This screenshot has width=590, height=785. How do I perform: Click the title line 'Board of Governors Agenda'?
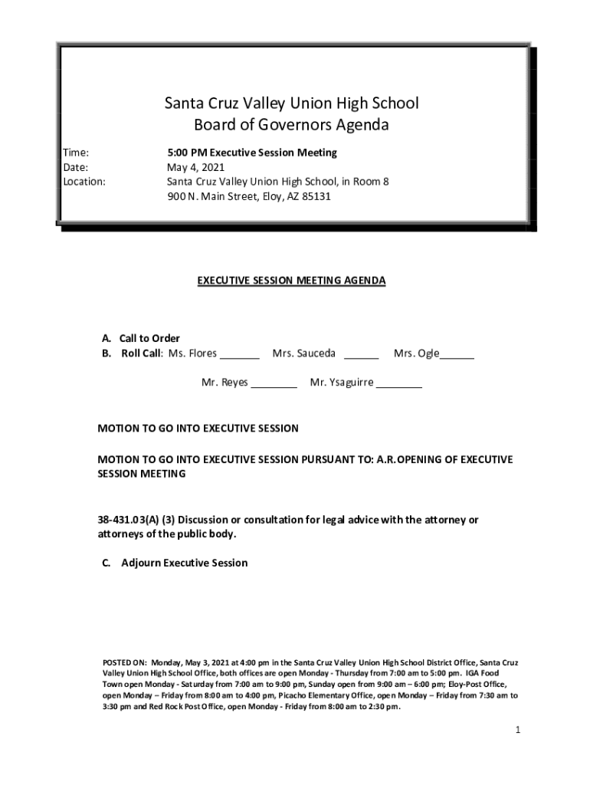tap(291, 125)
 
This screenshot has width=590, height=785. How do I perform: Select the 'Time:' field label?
tap(76, 153)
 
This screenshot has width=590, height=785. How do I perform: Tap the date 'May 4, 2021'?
tap(196, 167)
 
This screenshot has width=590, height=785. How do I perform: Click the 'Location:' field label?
tap(84, 182)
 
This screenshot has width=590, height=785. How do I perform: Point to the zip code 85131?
tap(316, 196)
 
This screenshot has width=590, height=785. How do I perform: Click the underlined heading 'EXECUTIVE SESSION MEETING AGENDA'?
tap(291, 281)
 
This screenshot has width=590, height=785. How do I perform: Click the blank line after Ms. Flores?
tap(241, 356)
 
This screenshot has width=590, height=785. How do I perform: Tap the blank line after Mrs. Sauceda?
tap(361, 356)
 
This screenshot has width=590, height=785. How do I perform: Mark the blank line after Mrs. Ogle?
tap(457, 356)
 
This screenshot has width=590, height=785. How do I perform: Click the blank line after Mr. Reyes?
tap(274, 386)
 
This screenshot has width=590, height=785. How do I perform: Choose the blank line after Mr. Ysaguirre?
tap(398, 386)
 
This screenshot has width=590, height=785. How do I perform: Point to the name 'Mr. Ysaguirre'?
tap(341, 383)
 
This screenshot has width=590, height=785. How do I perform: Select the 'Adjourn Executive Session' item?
tap(185, 563)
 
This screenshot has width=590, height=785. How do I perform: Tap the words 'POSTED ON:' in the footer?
tap(124, 662)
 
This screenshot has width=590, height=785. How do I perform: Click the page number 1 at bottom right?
tap(518, 730)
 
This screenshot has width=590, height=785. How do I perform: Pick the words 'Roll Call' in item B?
tap(142, 353)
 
